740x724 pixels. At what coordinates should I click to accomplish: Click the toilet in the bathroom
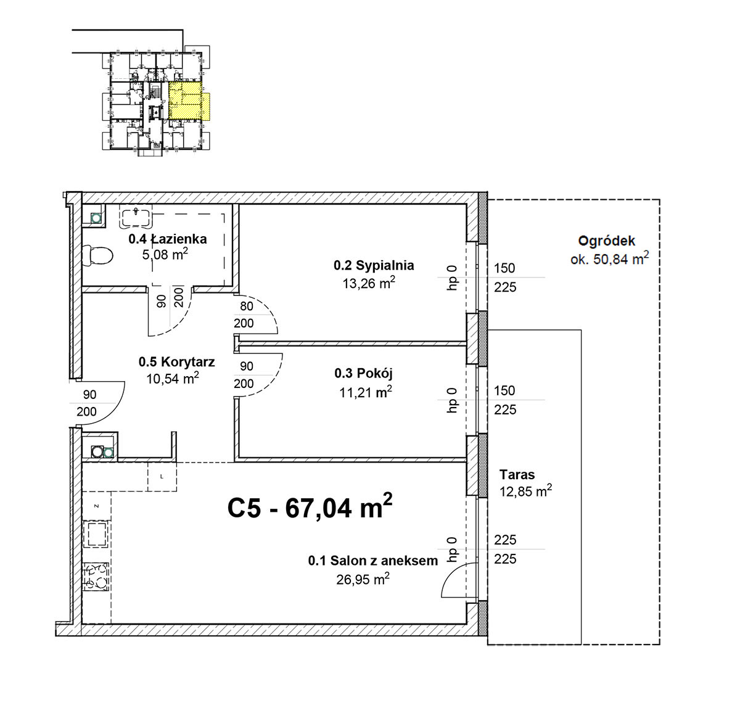click(x=97, y=255)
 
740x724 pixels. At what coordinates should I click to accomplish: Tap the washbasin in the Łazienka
click(x=136, y=217)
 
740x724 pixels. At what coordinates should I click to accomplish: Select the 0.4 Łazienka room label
click(x=168, y=239)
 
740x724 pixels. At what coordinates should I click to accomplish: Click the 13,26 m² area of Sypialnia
click(x=369, y=283)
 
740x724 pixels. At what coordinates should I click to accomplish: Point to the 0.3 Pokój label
click(x=364, y=373)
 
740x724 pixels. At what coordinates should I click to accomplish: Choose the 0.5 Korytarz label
click(x=177, y=361)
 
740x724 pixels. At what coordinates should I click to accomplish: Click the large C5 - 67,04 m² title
click(x=310, y=507)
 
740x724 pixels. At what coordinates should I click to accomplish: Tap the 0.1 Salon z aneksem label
click(x=373, y=561)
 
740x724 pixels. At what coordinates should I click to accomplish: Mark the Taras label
click(x=517, y=475)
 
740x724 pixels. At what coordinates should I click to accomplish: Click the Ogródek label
click(x=607, y=241)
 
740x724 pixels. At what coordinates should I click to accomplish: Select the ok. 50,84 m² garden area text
click(x=609, y=258)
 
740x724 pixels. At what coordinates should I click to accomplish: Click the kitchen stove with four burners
click(x=96, y=577)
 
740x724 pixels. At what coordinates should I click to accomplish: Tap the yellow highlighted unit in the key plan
click(x=189, y=101)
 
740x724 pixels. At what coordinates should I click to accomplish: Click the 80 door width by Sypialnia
click(x=247, y=306)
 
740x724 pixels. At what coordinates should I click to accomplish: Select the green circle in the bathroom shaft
click(x=96, y=218)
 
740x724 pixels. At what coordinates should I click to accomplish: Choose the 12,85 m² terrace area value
click(x=525, y=491)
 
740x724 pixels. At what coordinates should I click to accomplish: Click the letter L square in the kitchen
click(x=162, y=477)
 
